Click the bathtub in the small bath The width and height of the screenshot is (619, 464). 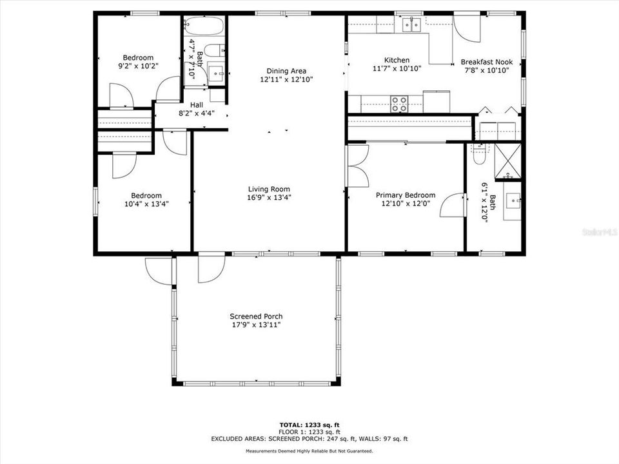[x=204, y=27]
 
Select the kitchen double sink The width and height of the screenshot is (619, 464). [x=411, y=24]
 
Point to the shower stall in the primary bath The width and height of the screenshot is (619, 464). [x=507, y=161]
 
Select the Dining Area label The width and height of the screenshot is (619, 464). [x=286, y=71]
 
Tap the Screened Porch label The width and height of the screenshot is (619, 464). [x=256, y=316]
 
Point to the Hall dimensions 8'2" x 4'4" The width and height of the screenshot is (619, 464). [x=196, y=113]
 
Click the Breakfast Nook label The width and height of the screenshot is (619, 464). [x=486, y=63]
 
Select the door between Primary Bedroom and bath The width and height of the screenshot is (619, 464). [x=455, y=206]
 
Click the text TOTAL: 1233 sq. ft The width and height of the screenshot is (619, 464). [x=309, y=425]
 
